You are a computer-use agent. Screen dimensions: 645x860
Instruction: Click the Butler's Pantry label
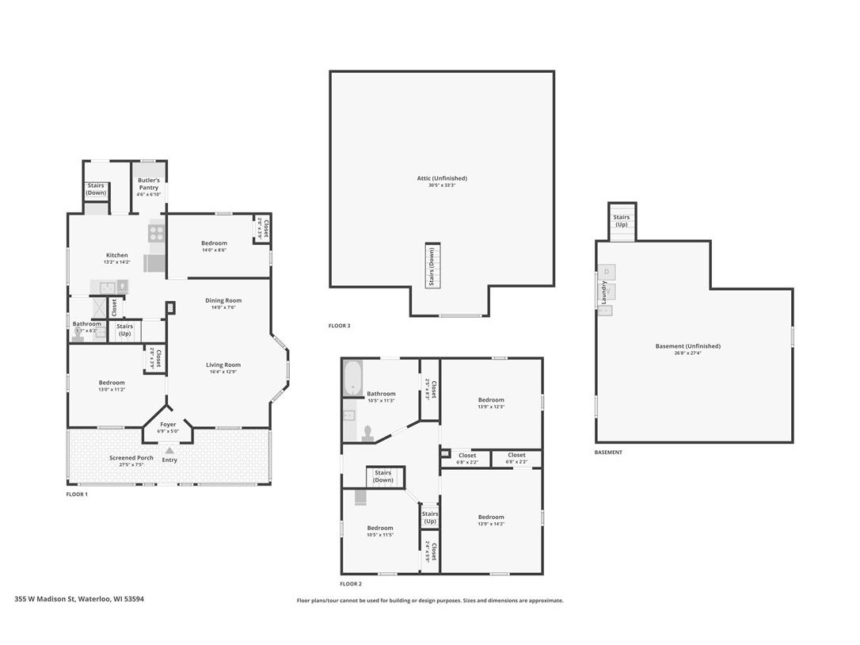point(149,184)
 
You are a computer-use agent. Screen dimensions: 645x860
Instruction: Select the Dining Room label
point(223,300)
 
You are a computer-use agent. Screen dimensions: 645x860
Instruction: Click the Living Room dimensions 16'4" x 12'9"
point(223,372)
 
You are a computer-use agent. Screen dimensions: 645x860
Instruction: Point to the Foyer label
point(168,425)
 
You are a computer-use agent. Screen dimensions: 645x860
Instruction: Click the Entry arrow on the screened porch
point(169,451)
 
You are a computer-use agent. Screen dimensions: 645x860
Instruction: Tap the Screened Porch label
point(131,458)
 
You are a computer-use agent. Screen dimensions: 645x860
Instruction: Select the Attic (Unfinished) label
point(442,178)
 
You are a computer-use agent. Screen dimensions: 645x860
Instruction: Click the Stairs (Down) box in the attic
point(432,265)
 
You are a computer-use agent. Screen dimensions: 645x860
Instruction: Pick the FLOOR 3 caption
point(339,326)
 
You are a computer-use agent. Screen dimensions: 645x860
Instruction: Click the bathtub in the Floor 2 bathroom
point(352,379)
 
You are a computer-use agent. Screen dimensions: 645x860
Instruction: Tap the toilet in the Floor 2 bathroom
point(367,433)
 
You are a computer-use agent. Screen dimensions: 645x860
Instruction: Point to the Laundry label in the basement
point(604,292)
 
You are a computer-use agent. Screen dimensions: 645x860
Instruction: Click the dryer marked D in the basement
point(607,272)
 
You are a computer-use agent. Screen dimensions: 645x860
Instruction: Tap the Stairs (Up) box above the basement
point(622,220)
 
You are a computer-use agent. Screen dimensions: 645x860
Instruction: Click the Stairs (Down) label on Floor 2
point(383,476)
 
